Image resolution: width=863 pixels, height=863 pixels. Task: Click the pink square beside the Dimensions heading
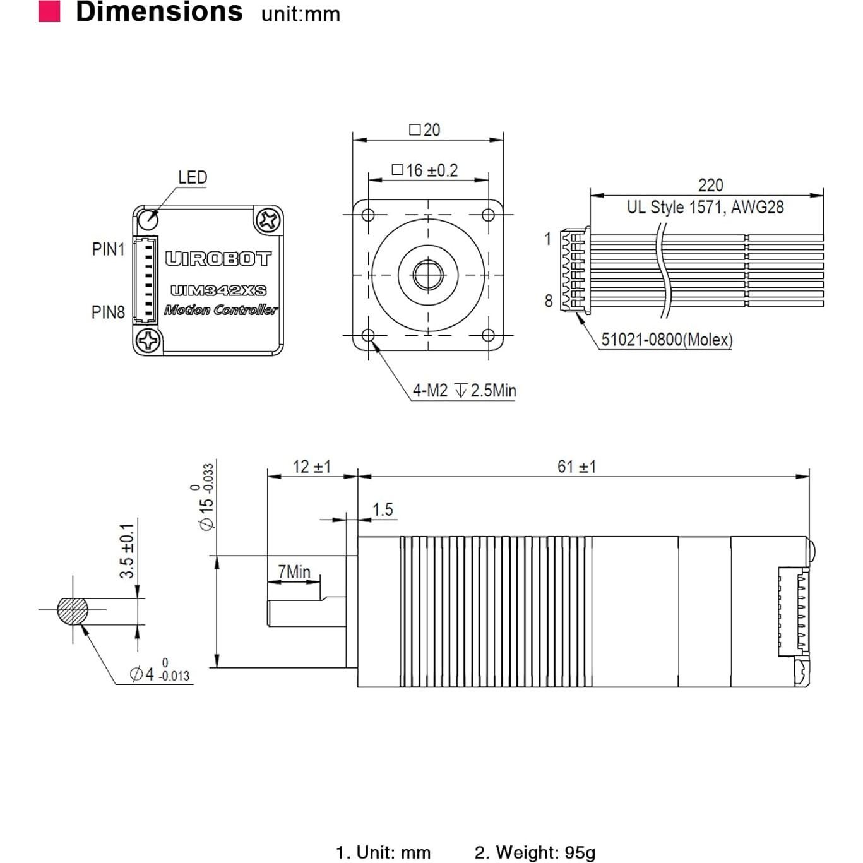49,11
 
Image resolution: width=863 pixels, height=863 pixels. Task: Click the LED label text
192,177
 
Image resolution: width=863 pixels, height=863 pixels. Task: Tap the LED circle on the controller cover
148,219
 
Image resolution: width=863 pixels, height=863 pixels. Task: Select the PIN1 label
108,249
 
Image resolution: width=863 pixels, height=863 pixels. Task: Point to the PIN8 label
108,312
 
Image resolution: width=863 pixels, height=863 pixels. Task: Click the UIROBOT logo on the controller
218,259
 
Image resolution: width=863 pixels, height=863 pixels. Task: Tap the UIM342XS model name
218,290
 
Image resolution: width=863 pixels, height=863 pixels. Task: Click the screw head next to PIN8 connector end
149,341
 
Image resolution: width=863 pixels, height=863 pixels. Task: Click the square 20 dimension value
425,130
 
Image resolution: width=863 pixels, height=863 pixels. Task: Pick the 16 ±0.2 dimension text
425,170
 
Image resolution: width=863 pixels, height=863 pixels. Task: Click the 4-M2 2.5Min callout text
464,391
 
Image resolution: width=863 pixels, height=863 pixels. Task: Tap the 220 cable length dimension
710,185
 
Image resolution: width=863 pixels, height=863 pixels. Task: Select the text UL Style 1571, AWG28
705,207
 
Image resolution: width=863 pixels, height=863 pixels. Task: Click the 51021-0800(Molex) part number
666,340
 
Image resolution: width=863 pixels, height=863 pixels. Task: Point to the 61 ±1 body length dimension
576,467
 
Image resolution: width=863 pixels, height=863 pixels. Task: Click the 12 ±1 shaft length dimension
311,467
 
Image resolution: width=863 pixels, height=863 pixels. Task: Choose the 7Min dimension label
294,572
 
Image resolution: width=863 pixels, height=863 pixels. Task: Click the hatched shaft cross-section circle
73,610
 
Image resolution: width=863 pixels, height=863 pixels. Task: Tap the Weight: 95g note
535,852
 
